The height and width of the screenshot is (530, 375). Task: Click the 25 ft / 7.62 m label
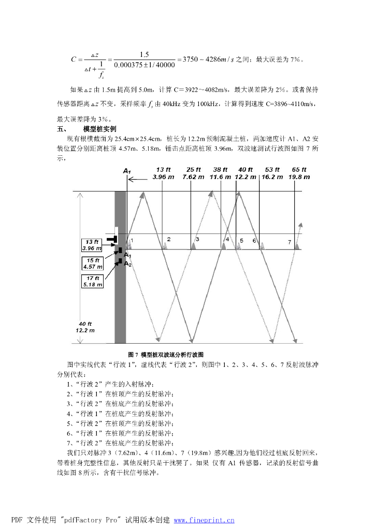point(193,173)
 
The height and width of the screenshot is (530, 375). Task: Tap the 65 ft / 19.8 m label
point(299,173)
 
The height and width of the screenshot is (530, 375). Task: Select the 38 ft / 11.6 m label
point(220,173)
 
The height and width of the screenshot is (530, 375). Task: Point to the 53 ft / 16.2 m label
point(272,173)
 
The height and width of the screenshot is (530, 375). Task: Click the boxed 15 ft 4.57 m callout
point(93,263)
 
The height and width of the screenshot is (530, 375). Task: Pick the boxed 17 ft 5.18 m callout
point(93,281)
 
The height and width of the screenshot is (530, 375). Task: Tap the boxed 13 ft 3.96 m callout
point(93,245)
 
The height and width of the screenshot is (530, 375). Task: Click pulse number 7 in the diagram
point(290,242)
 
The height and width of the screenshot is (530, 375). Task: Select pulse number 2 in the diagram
point(168,240)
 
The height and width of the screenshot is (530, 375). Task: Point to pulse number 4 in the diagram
point(227,240)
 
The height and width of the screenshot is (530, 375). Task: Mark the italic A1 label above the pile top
point(127,170)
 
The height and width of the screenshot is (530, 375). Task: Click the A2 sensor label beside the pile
point(127,264)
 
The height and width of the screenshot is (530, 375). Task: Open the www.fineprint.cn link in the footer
point(204,520)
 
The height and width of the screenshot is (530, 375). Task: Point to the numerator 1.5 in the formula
point(145,54)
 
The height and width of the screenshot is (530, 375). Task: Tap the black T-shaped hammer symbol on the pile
point(112,239)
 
